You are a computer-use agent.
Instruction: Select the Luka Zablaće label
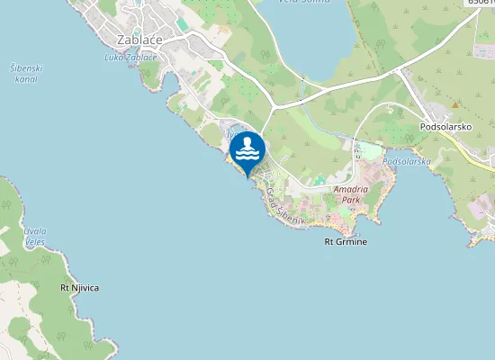tap(131, 58)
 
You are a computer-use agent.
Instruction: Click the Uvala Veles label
tap(35, 236)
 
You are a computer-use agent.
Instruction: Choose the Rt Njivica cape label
tap(79, 287)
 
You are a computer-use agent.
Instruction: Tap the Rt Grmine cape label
tap(346, 242)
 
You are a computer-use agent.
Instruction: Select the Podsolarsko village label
tap(448, 127)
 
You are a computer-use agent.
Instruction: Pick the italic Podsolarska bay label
tap(407, 161)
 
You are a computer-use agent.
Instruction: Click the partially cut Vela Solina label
tap(303, 2)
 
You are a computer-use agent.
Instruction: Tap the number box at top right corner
tap(480, 3)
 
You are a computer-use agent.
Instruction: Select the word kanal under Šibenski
tap(26, 79)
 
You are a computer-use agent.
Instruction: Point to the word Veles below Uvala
tap(35, 241)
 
